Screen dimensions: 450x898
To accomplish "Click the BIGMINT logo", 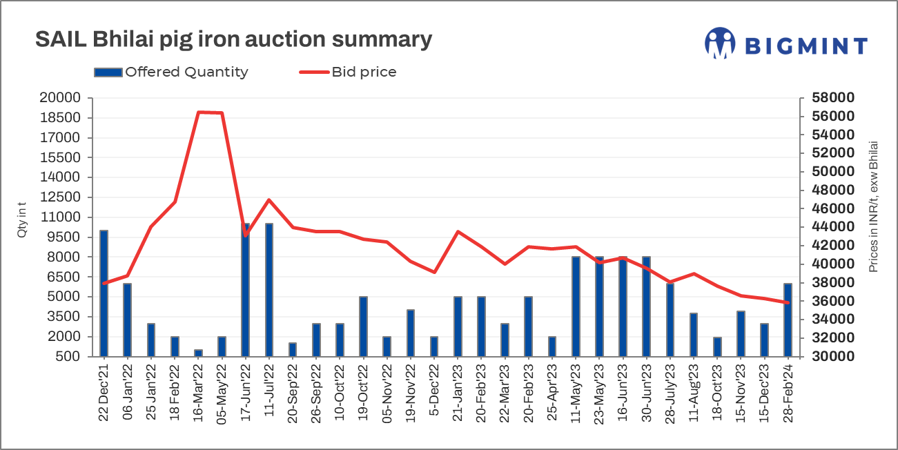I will [785, 44].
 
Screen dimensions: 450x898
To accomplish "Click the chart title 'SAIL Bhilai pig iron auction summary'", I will [233, 39].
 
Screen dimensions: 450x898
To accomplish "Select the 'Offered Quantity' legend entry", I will [171, 72].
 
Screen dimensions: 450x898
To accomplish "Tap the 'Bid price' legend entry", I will [348, 72].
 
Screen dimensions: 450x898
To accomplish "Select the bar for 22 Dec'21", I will [104, 293].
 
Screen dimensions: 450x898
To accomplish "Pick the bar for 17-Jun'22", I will [245, 290].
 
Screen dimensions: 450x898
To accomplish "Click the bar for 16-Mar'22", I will [198, 353].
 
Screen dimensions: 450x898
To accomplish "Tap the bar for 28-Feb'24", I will [788, 320].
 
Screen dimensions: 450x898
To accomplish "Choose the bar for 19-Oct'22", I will [363, 326].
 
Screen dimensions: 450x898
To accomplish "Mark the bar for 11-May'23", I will [576, 306].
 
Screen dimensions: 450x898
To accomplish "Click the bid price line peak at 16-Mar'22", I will [199, 112].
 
